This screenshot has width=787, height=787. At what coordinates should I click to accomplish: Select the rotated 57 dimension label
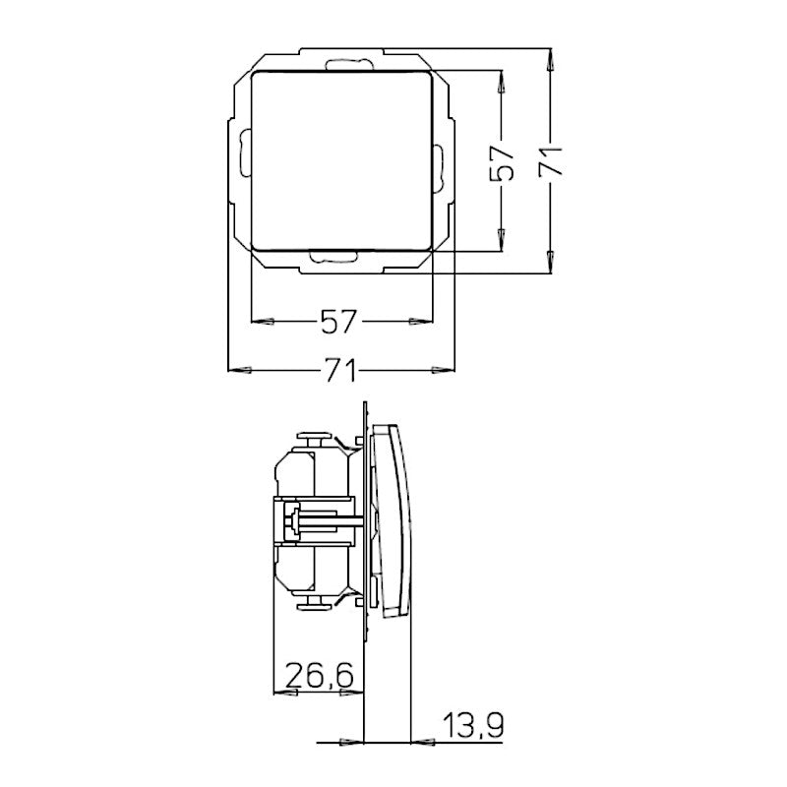(x=503, y=161)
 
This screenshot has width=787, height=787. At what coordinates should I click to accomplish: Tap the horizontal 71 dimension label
(x=339, y=371)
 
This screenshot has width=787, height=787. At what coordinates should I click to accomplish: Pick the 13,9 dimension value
(x=473, y=727)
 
